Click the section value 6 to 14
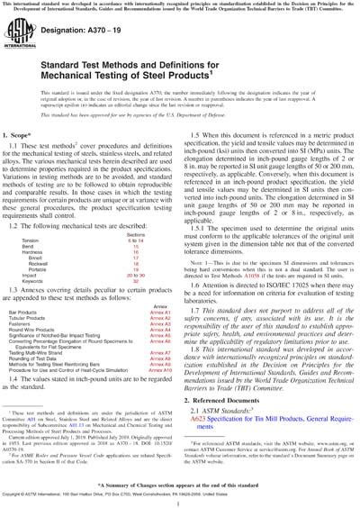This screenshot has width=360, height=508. click(136, 268)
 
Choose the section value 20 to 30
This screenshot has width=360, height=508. click(136, 299)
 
